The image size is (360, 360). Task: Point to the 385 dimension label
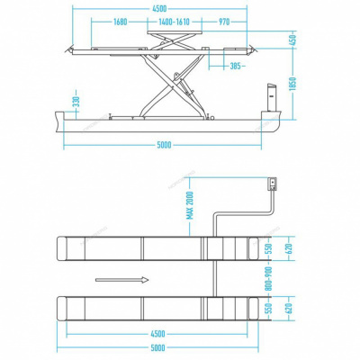coord(238,66)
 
